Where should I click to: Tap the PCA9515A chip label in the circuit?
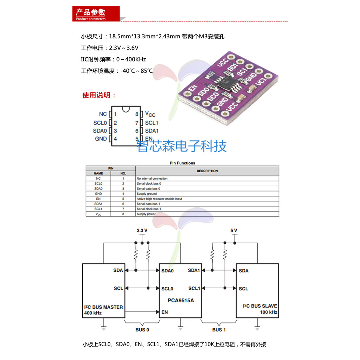(181, 301)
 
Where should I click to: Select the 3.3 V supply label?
(142, 231)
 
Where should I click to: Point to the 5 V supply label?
(234, 231)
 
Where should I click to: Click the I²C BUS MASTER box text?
(103, 307)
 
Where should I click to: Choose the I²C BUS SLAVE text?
(260, 306)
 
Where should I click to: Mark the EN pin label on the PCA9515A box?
(165, 312)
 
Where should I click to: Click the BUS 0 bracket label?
(142, 330)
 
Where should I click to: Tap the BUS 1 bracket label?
(219, 330)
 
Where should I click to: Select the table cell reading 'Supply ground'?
(147, 194)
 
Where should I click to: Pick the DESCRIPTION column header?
(207, 171)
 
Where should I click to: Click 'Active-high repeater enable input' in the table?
(159, 199)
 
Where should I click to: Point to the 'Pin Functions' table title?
(182, 163)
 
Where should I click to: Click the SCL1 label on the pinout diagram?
(152, 123)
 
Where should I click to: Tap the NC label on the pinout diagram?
(103, 114)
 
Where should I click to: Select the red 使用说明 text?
(99, 95)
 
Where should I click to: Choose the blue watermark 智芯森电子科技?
(182, 146)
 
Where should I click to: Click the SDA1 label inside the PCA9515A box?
(194, 270)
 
